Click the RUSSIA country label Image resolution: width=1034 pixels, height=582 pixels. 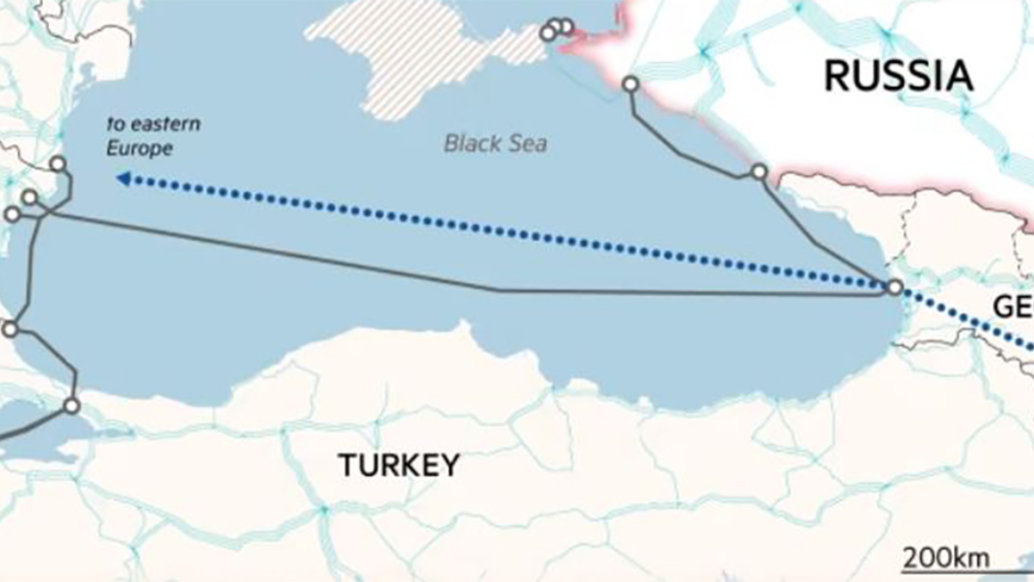tap(899, 76)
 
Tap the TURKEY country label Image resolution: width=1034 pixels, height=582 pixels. tap(399, 466)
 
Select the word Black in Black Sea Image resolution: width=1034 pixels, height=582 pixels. tap(470, 142)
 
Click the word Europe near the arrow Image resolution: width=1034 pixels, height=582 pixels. tap(139, 148)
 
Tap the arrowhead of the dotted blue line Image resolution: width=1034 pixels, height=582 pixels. tap(123, 178)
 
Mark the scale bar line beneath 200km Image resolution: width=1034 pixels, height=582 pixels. tap(965, 571)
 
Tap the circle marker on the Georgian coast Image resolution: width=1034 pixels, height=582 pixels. tap(894, 287)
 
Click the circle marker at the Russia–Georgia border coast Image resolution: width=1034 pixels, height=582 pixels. tap(758, 172)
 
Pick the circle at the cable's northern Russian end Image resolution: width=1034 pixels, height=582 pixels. tap(631, 84)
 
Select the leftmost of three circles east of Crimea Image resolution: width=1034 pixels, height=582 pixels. tap(547, 34)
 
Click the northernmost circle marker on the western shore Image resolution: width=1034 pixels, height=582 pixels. tap(58, 164)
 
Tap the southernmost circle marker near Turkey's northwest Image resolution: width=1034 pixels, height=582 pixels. tap(72, 404)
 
